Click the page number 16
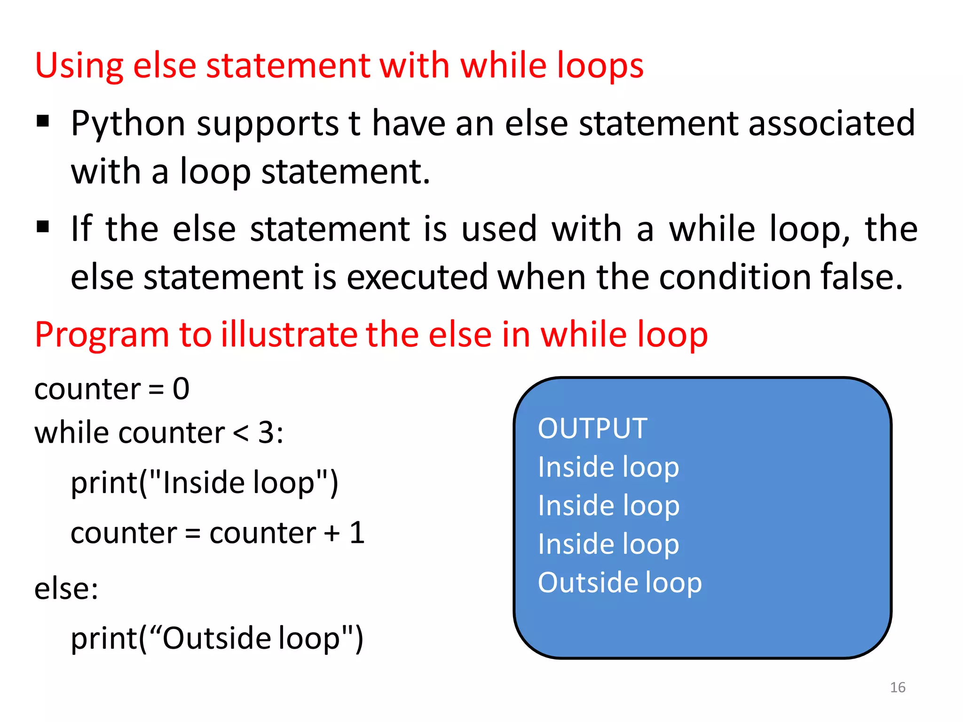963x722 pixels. tap(898, 687)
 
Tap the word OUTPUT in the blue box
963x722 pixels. tap(592, 428)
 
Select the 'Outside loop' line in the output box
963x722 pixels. tap(619, 583)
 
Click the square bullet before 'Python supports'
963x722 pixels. tap(43, 121)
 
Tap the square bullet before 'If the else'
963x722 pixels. tap(43, 227)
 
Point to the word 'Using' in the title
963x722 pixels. tap(79, 66)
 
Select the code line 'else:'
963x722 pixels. tap(66, 589)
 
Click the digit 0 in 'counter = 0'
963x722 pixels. tap(181, 389)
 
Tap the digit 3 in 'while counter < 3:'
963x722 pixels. tap(267, 433)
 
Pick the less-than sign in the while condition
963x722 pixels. tap(241, 433)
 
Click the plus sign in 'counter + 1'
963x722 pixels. tap(332, 534)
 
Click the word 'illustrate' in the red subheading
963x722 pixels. tap(288, 335)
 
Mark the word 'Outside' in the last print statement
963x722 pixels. tap(217, 639)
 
